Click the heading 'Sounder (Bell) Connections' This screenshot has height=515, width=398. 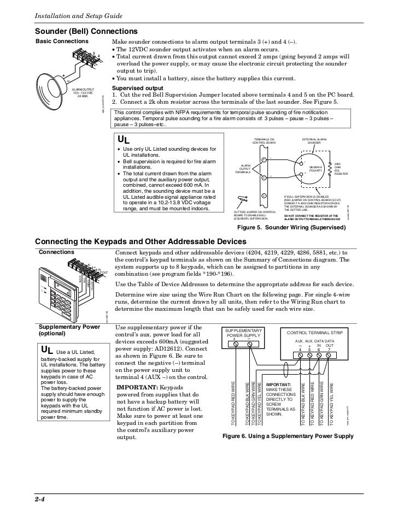86,32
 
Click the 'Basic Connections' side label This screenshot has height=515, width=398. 61,42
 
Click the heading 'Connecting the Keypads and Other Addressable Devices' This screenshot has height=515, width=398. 141,241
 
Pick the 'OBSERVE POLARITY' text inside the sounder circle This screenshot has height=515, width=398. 316,169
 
